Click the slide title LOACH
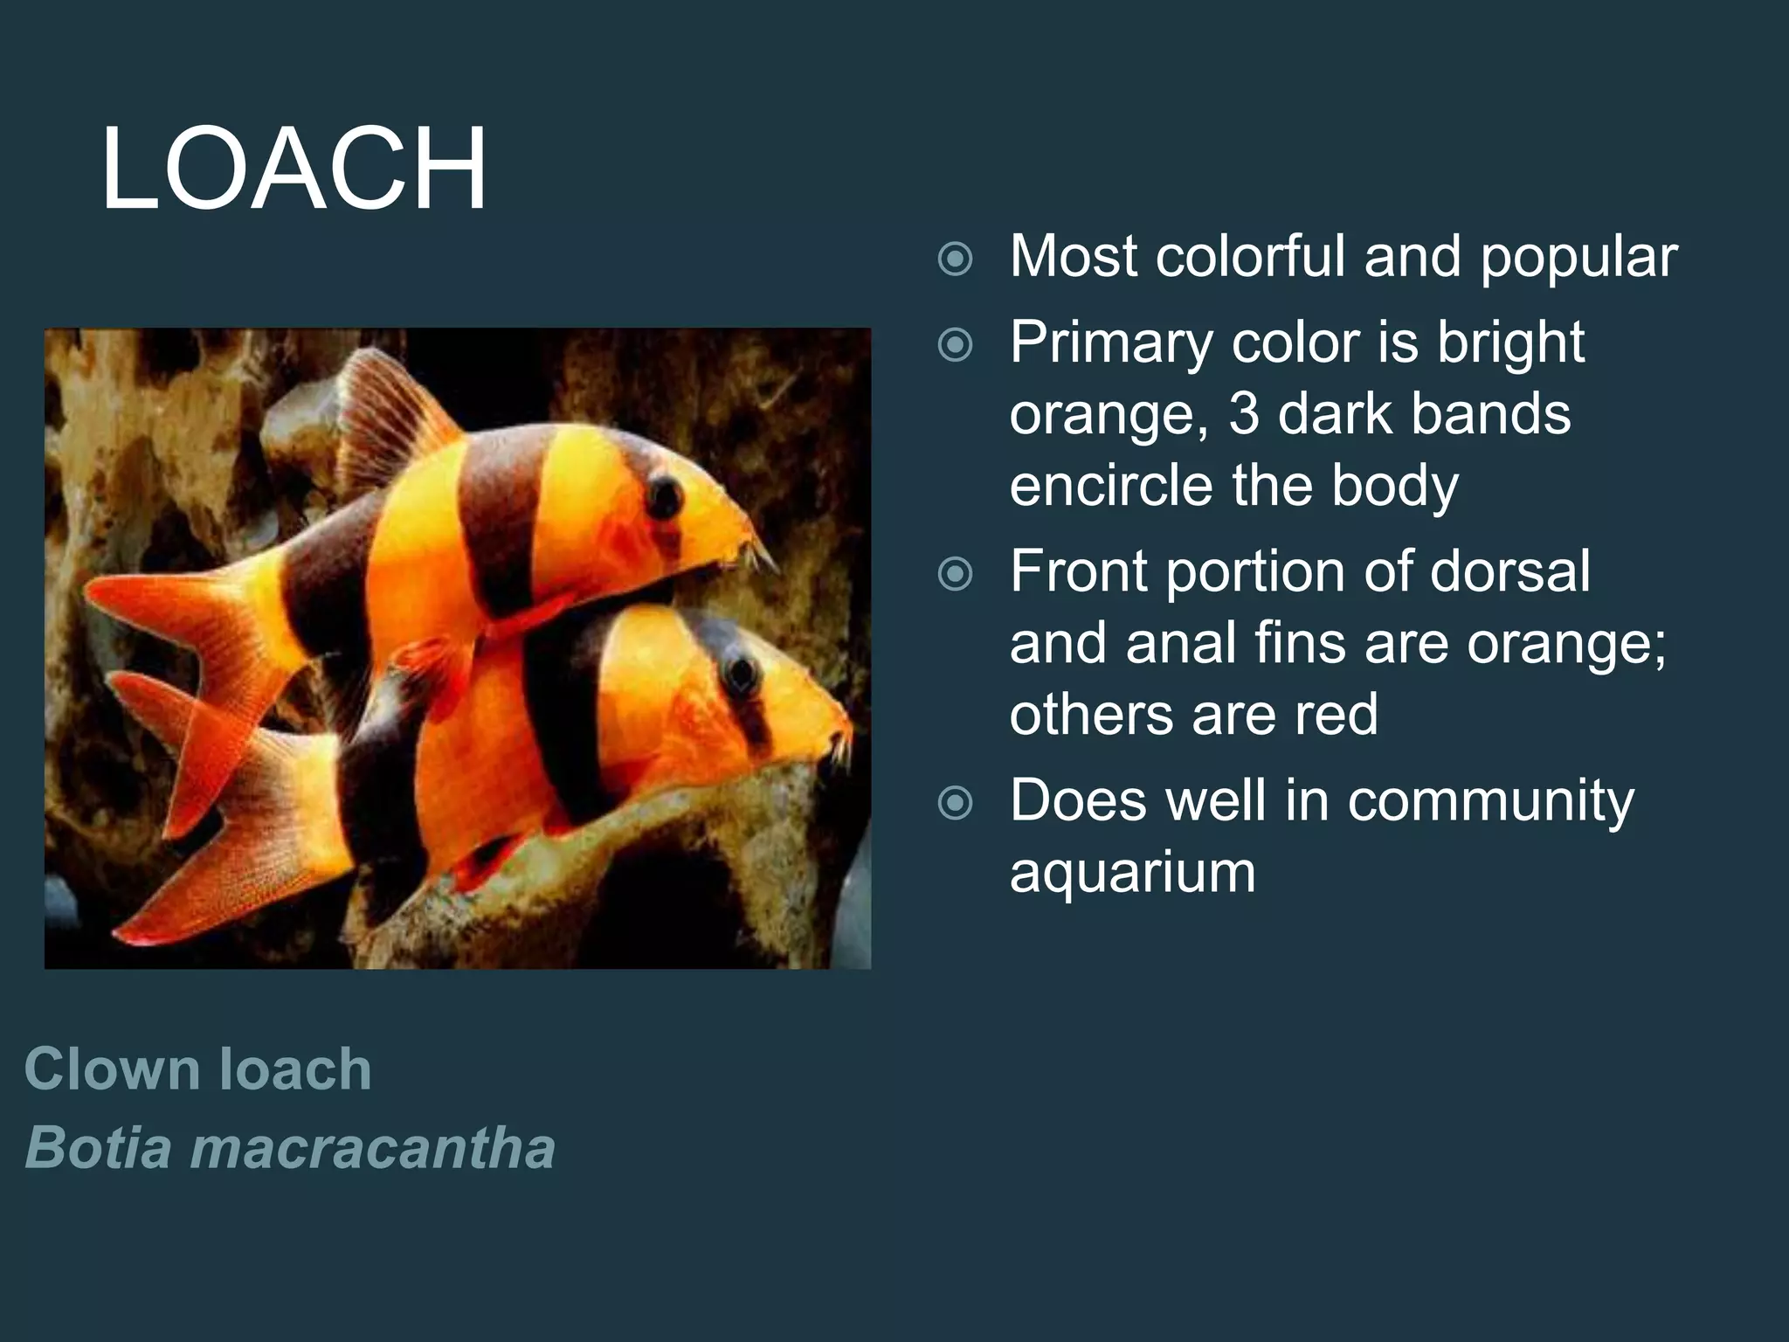(294, 169)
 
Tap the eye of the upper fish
(666, 495)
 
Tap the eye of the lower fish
(742, 673)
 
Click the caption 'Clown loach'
(198, 1069)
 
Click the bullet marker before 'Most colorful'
(955, 259)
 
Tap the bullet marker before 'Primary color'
(955, 344)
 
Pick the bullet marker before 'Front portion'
(955, 574)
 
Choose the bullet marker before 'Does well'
(955, 803)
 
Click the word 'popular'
(1578, 258)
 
